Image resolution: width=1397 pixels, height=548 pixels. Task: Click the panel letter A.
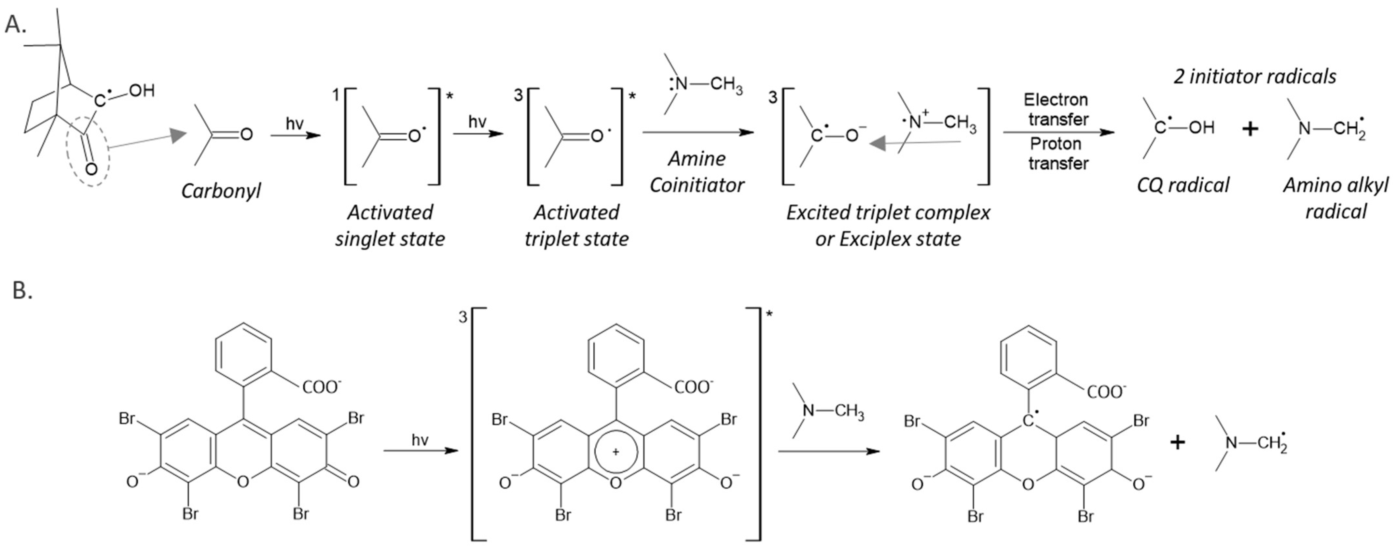(15, 24)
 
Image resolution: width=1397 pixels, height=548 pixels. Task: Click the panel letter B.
(22, 291)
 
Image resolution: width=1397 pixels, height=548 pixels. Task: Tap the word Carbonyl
(221, 191)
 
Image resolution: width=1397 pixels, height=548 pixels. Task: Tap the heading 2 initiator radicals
(1255, 77)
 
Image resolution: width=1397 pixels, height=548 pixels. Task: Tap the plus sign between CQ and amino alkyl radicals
(1250, 129)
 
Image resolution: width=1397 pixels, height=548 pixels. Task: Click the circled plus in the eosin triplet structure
(616, 452)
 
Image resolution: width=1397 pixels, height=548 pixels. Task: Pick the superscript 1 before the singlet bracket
(336, 95)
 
